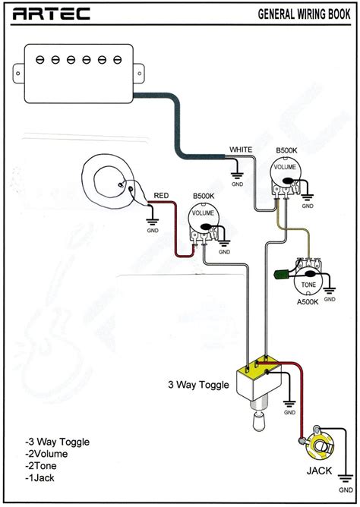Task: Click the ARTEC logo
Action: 51,14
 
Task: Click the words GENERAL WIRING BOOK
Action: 304,14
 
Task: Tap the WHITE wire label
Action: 241,150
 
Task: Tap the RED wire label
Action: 161,196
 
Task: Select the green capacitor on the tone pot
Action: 279,275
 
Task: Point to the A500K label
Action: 308,302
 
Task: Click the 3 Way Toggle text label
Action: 198,385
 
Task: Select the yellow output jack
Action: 321,447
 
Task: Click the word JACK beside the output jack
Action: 319,471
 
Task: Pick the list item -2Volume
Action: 46,454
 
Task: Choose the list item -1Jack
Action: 39,478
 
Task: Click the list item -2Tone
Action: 41,466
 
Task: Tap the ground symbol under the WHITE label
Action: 237,175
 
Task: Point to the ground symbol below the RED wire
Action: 153,222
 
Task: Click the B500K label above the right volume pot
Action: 286,151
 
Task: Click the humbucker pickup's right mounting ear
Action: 139,74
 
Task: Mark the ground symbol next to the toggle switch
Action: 289,405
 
